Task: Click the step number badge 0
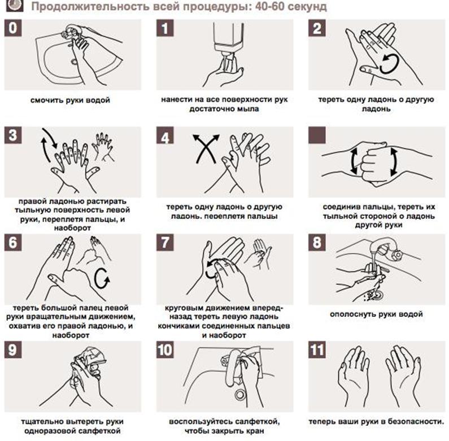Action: coord(13,28)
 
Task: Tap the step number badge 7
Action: coord(165,242)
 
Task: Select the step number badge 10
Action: coord(165,350)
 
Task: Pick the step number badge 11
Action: coord(317,350)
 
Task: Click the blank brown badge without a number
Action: coord(317,135)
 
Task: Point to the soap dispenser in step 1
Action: coord(228,46)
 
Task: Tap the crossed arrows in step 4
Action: coord(206,149)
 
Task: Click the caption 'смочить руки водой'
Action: coord(70,100)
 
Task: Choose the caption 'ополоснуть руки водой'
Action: coord(376,314)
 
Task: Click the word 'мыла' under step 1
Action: coord(248,109)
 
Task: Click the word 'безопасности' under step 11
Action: coord(417,422)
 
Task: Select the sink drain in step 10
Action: coord(239,395)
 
